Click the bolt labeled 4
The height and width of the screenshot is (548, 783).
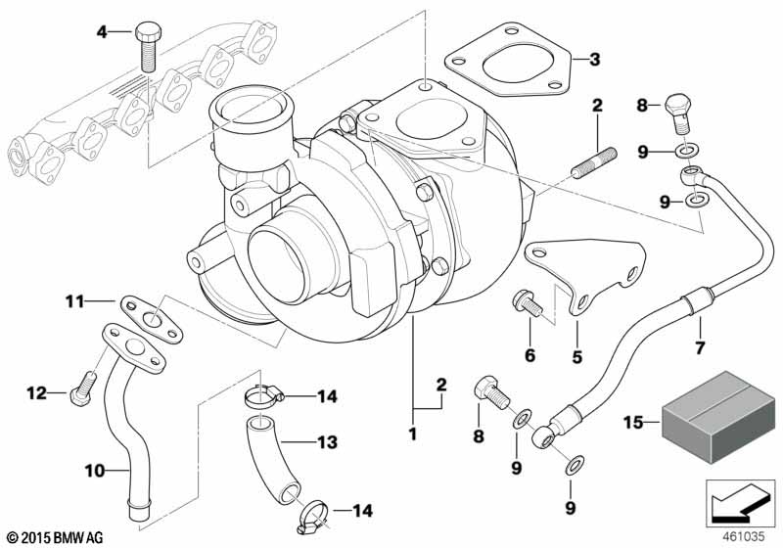[149, 47]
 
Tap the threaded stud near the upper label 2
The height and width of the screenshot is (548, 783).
[594, 162]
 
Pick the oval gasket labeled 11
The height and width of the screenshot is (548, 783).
[152, 320]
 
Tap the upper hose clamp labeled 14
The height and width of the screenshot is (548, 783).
[263, 395]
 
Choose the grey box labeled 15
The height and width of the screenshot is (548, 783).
[718, 416]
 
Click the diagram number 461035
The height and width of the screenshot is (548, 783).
[745, 537]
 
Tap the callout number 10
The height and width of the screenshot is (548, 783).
[94, 470]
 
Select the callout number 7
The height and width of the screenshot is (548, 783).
[700, 347]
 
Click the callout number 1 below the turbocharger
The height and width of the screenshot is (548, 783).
[412, 434]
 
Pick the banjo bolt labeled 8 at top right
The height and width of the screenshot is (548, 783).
[678, 113]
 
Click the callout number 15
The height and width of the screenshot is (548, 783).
[632, 423]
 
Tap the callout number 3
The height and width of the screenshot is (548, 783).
[594, 60]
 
